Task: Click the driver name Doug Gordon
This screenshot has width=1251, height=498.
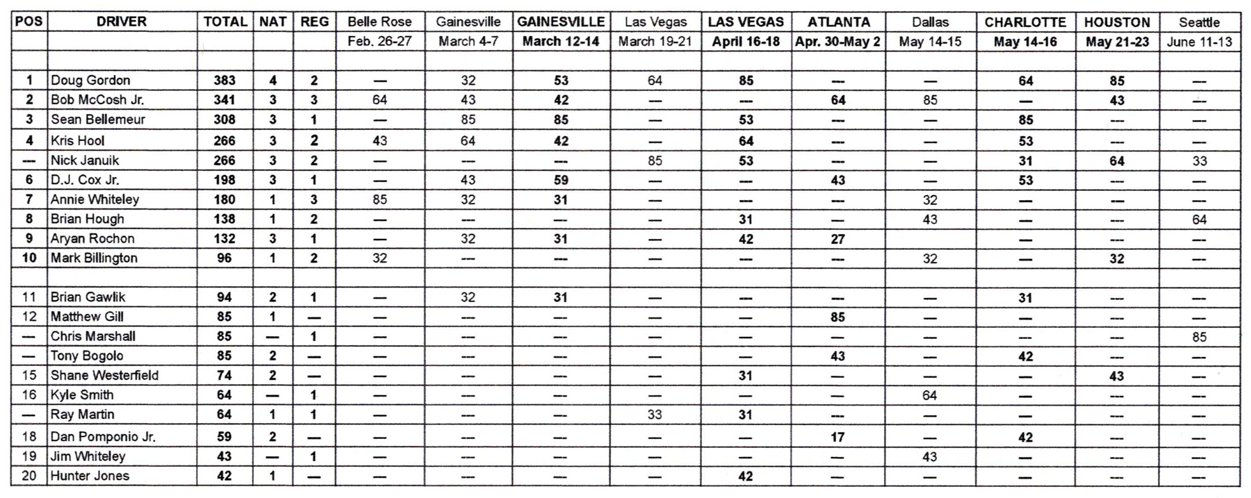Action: coord(90,81)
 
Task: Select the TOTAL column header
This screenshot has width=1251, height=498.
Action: coord(225,22)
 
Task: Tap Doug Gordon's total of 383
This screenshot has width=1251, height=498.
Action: coord(224,81)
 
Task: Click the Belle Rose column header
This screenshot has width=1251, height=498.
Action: coord(379,22)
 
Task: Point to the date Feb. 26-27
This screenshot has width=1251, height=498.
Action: coord(379,42)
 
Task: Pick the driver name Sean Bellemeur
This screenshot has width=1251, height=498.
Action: coord(98,119)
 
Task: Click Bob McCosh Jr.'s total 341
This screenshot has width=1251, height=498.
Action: coord(224,100)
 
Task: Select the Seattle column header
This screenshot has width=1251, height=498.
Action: coord(1199,22)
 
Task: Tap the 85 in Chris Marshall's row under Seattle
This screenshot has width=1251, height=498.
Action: coord(1199,337)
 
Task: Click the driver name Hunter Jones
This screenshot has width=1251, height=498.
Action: coord(90,476)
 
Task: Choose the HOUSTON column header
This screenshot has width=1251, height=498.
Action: coord(1117,22)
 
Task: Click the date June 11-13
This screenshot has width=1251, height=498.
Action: coord(1199,42)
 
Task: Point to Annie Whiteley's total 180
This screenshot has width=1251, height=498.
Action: coord(224,199)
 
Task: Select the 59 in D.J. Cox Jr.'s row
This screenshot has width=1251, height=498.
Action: coord(561,180)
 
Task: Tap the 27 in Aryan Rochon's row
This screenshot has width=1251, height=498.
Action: coord(837,239)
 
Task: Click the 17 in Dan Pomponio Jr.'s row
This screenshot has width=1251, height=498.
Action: coord(837,437)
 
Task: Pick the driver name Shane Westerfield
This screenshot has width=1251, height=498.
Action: coord(104,375)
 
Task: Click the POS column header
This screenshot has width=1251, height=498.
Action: coord(28,22)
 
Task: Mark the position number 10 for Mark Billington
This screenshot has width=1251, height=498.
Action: coord(29,258)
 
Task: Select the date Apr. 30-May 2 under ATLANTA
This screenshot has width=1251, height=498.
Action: coord(837,42)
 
